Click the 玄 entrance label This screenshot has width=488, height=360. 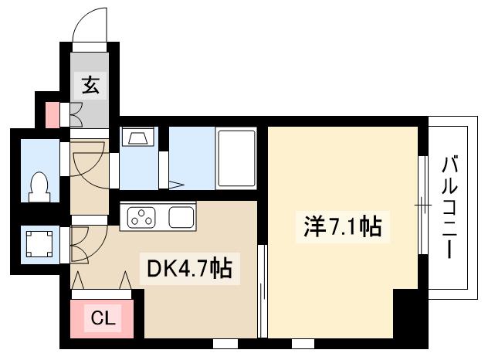90,86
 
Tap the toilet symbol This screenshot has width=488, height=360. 39,184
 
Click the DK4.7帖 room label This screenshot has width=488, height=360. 189,269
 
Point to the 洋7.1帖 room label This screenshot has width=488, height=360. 340,227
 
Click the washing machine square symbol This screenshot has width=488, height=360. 38,245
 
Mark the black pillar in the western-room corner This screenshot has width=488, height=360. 408,313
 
